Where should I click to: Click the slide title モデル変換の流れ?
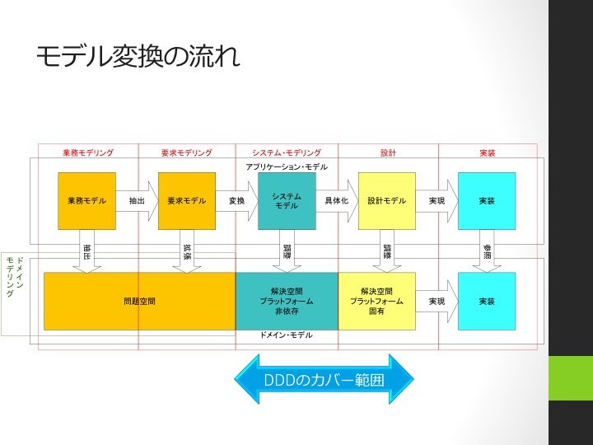(138, 57)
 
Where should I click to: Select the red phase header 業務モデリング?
(88, 152)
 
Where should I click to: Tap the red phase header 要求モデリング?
(187, 152)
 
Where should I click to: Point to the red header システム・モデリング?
(287, 152)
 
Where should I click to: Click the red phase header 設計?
(388, 152)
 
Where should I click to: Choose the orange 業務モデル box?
(86, 200)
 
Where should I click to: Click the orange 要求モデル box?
(186, 200)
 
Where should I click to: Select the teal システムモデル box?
(287, 200)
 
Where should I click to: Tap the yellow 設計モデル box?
(387, 200)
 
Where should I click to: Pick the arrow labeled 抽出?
(138, 200)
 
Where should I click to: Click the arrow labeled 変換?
(238, 200)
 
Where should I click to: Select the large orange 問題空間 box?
(139, 302)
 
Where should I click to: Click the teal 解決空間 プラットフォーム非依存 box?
(287, 302)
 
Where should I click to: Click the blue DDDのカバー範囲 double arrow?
(324, 380)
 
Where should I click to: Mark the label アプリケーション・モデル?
(287, 167)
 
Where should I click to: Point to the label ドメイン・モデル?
(286, 335)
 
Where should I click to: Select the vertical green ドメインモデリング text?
(14, 276)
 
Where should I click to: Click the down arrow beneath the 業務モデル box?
(86, 255)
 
